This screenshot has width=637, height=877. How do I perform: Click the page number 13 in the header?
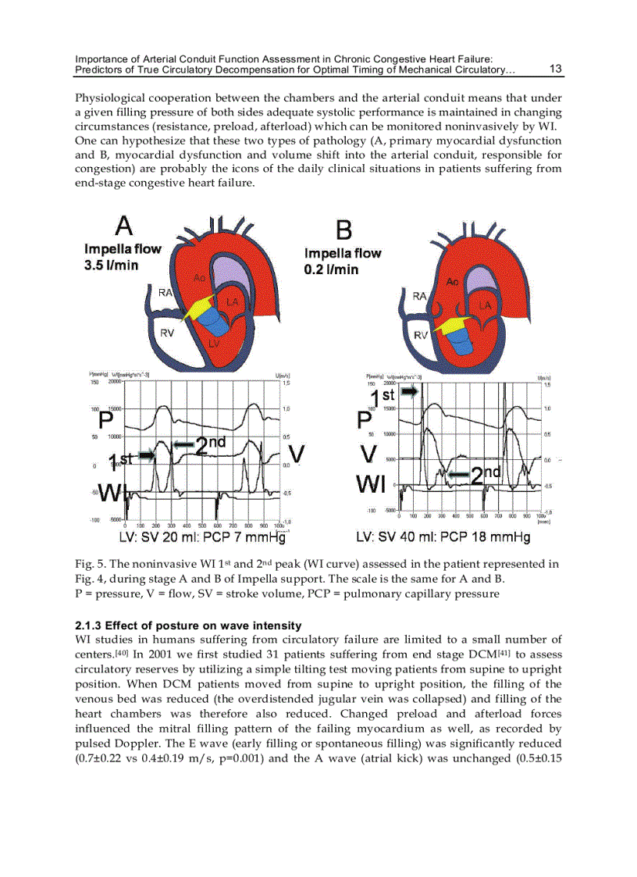tap(556, 69)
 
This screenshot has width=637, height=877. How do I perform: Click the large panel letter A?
tap(124, 226)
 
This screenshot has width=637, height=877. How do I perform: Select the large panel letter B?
tap(343, 230)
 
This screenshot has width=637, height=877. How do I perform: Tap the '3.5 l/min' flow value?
tap(112, 266)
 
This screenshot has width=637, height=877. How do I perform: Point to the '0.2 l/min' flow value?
tap(332, 269)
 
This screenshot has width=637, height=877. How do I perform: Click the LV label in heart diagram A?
tap(214, 343)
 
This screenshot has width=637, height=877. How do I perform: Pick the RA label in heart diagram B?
tap(419, 296)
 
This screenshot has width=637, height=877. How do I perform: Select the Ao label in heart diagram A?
tap(200, 277)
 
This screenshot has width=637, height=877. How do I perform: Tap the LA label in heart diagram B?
tap(485, 304)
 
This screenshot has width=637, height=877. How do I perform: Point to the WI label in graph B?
tap(372, 485)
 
